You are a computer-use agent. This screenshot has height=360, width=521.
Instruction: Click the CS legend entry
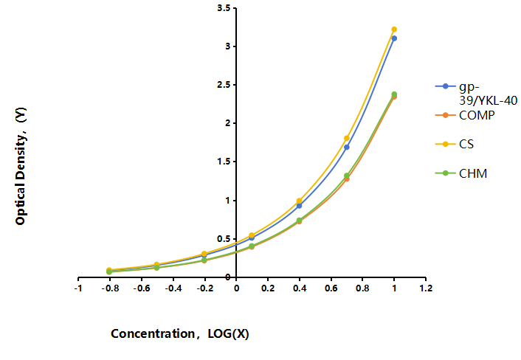[x=455, y=144]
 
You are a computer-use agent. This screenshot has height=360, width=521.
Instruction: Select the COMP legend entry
[x=465, y=115]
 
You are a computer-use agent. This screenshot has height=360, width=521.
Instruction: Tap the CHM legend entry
[x=461, y=173]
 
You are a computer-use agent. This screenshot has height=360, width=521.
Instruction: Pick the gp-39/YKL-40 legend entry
[x=476, y=94]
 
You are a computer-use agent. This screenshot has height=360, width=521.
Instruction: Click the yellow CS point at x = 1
[x=394, y=30]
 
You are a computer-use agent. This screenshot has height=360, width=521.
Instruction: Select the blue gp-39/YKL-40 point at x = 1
[x=394, y=38]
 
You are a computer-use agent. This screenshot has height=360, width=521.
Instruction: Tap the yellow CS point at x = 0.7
[x=347, y=138]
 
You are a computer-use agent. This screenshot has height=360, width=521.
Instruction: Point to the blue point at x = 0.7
[x=347, y=147]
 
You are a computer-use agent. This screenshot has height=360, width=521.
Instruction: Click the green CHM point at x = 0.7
[x=347, y=176]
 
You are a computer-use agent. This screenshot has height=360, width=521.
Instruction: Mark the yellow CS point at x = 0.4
[x=299, y=201]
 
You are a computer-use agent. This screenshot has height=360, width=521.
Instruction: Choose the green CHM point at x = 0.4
[x=299, y=220]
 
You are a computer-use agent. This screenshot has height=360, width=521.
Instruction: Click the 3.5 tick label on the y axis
[x=224, y=8]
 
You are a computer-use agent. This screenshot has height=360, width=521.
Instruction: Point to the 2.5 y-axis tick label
[x=224, y=85]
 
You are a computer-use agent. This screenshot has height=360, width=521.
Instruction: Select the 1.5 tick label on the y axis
[x=224, y=162]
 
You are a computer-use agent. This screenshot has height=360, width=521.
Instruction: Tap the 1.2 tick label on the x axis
[x=426, y=288]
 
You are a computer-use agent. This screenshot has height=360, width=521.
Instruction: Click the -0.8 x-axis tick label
[x=110, y=288]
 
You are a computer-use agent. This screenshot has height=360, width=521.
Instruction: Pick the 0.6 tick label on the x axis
[x=331, y=288]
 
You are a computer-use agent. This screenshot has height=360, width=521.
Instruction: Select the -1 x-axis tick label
[x=78, y=288]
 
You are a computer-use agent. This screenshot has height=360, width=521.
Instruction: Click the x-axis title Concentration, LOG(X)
[x=180, y=333]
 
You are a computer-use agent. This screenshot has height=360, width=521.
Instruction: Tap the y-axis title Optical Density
[x=21, y=166]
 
